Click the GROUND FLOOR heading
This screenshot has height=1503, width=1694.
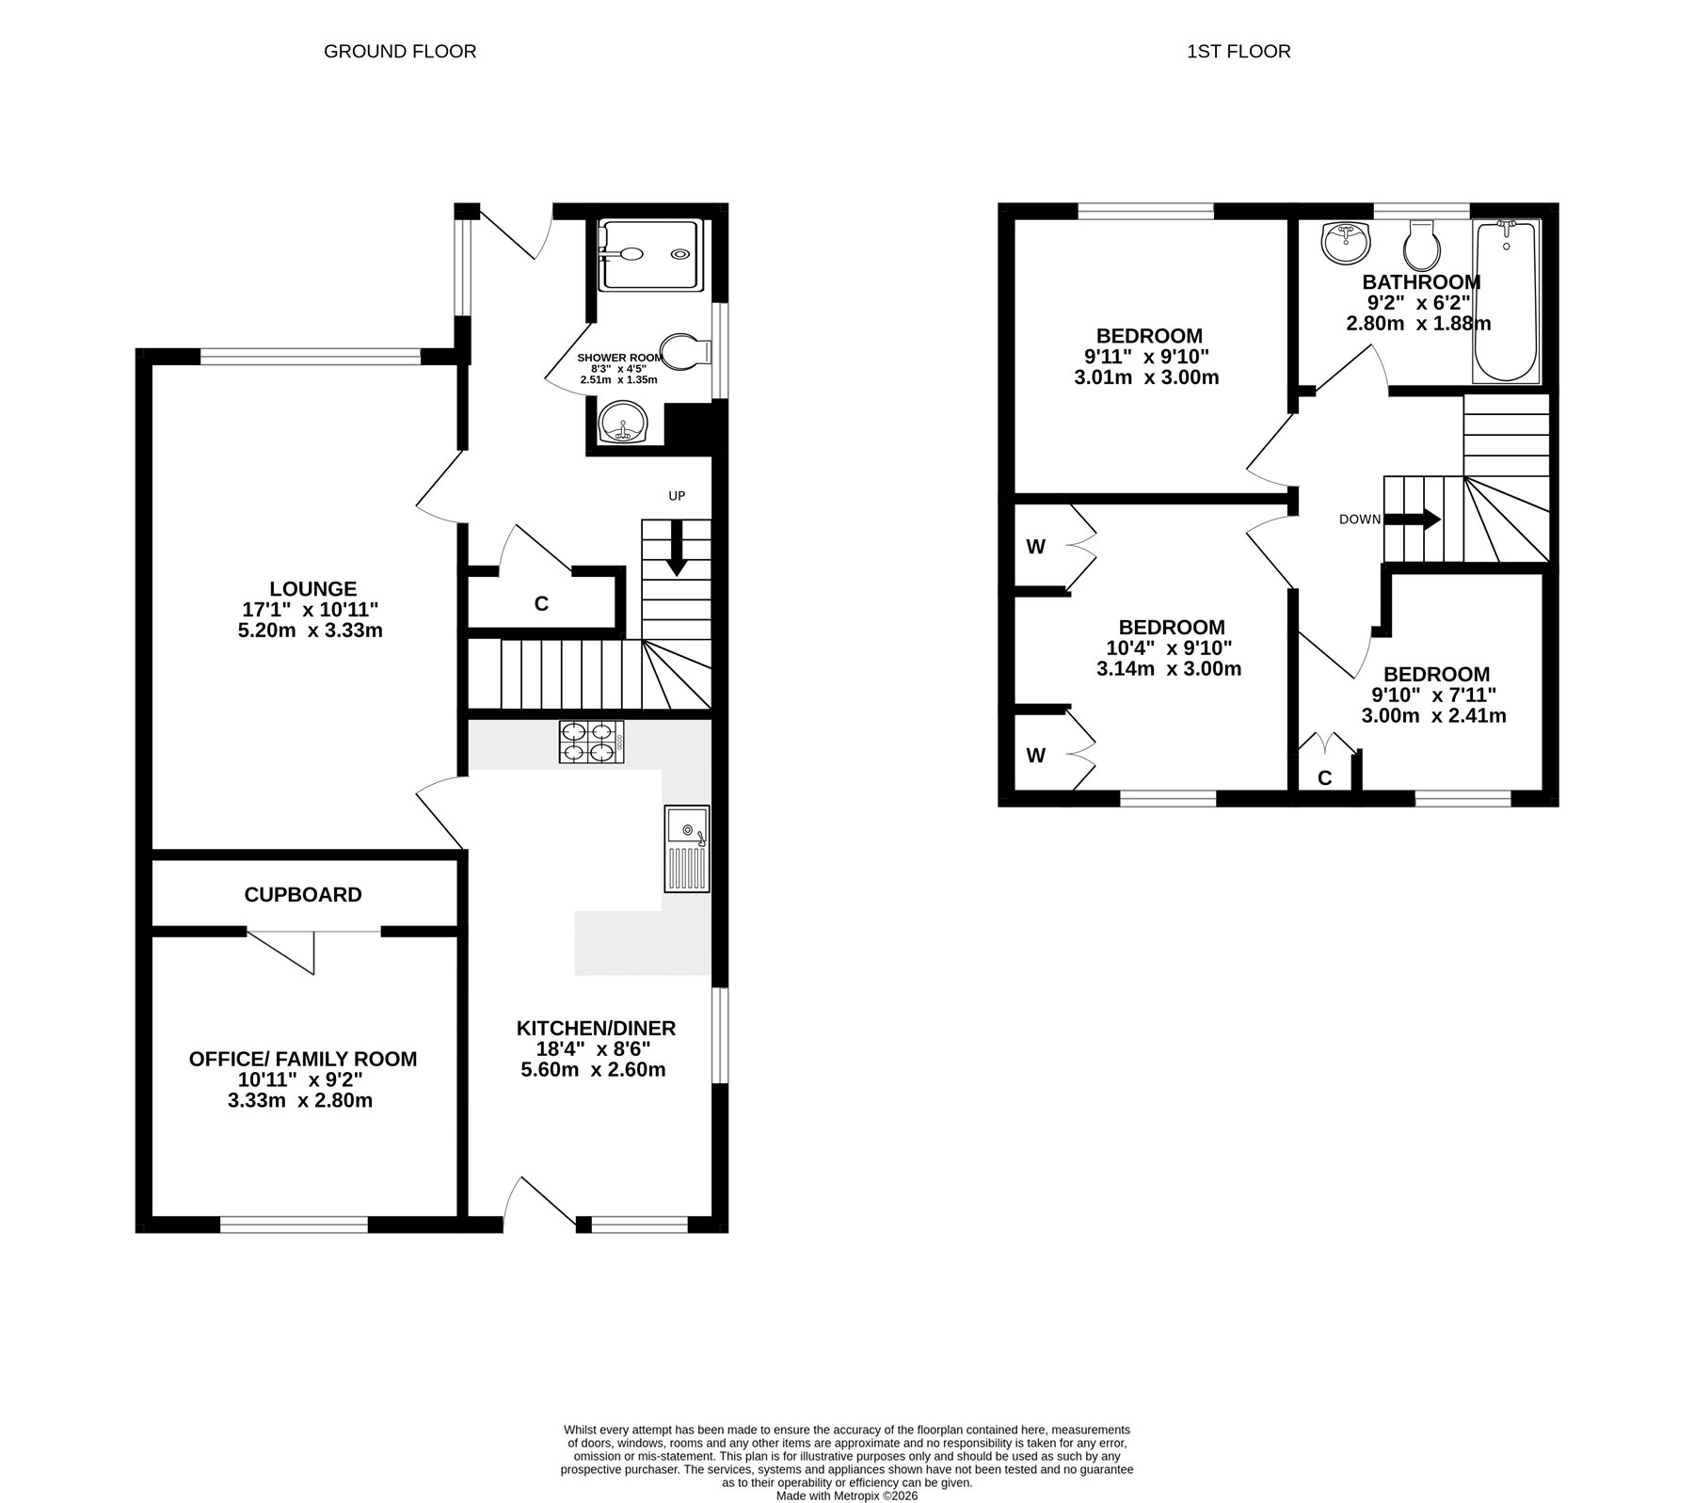[400, 52]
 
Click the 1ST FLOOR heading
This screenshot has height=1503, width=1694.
[1239, 52]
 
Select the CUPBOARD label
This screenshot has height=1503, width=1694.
[303, 894]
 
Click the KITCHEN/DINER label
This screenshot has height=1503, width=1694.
[596, 1028]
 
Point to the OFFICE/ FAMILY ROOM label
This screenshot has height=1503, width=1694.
[303, 1059]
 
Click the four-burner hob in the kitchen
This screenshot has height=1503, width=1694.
[591, 742]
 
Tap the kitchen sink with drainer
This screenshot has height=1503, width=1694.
[687, 848]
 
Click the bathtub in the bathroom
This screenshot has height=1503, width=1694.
[1506, 301]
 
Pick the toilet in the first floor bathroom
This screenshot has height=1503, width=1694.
[1418, 245]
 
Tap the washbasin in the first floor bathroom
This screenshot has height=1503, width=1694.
[1346, 244]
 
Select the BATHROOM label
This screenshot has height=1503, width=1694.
[1421, 281]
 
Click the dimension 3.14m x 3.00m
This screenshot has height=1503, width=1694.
[1169, 669]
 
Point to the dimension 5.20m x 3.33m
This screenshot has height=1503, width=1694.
[311, 630]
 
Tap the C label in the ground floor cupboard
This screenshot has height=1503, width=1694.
[541, 604]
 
